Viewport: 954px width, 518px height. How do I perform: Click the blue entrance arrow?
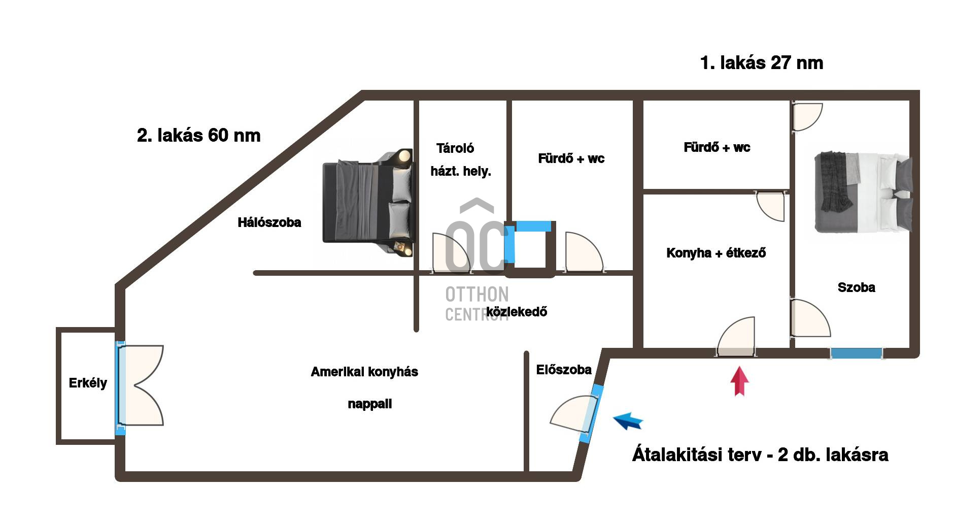[628, 420]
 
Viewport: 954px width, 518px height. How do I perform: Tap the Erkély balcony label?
[88, 383]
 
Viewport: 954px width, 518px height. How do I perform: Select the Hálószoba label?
[269, 222]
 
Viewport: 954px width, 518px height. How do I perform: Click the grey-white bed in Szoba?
[863, 192]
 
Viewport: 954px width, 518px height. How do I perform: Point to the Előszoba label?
[564, 370]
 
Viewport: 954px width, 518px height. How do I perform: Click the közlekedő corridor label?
[517, 311]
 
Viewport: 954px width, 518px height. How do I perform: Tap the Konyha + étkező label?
[716, 253]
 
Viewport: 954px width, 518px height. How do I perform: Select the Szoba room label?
[856, 287]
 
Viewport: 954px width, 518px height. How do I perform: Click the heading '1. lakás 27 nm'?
[761, 63]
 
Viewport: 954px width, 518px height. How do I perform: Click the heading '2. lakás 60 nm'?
[198, 136]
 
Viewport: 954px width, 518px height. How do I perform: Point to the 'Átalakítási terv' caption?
[760, 455]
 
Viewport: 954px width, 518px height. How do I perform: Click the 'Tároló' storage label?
[455, 148]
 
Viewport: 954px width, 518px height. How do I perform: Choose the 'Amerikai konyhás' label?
[364, 372]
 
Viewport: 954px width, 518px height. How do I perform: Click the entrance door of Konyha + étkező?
[736, 337]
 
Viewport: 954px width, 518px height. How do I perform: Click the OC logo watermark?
[477, 239]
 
